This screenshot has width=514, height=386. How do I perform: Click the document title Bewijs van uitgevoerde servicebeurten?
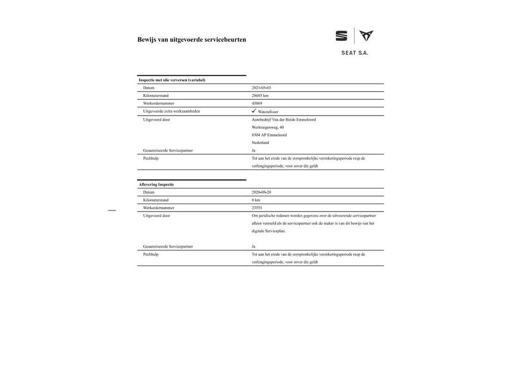pos(192,40)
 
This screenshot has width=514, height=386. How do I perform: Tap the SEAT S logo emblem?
pos(341,36)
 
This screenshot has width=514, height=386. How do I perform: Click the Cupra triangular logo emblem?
pos(366,36)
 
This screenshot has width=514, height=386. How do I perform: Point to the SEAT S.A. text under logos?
pos(355,53)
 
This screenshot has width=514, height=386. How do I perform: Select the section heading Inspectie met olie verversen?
pos(172,80)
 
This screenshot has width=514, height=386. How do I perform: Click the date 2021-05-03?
pos(262,88)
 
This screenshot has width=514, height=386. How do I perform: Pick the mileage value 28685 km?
pos(260,95)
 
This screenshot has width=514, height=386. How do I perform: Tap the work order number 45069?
pos(257,104)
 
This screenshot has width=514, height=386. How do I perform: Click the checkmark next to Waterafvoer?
pos(254,111)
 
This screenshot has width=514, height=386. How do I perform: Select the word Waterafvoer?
pos(268,112)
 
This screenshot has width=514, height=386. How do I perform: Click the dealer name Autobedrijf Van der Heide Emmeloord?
pos(284,120)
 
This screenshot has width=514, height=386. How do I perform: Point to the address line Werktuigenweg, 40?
pos(268,127)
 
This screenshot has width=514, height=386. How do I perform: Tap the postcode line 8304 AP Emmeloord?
pos(269,135)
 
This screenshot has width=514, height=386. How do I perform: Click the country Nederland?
pos(260,143)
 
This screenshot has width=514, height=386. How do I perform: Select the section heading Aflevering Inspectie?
pos(157,184)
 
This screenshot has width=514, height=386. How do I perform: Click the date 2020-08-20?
pos(262,192)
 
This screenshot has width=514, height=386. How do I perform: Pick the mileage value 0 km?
pos(256,200)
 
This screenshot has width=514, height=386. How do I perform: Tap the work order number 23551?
pos(257,208)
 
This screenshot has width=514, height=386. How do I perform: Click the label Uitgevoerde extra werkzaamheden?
pos(171,111)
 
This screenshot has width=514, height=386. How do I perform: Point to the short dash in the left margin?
pos(112,210)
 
